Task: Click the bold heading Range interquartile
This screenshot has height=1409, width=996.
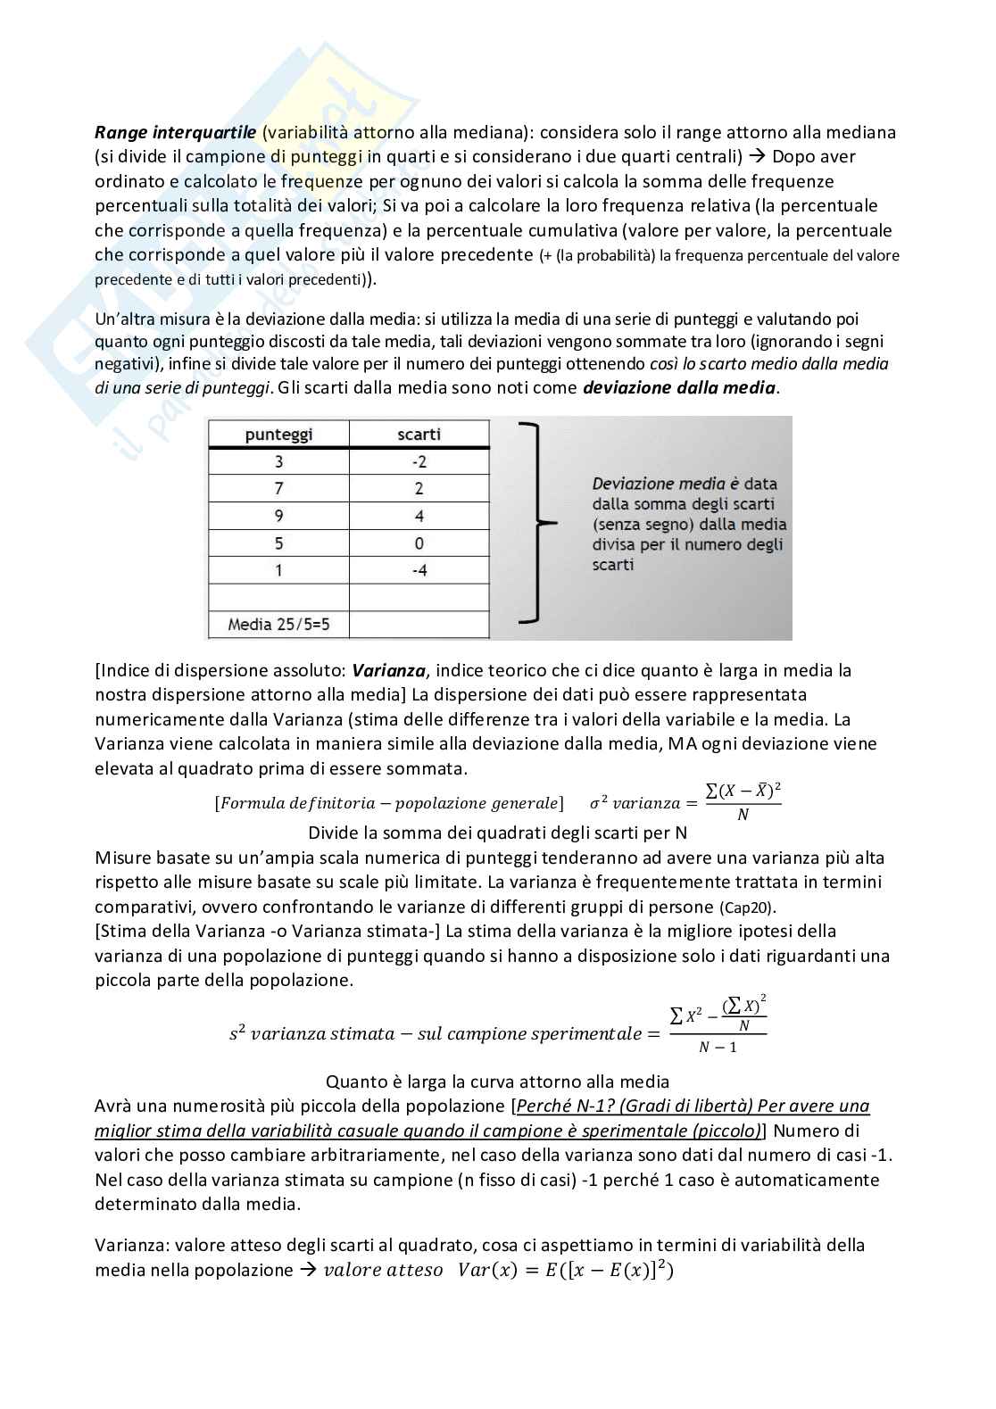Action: [176, 132]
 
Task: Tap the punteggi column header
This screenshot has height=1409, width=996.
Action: [278, 435]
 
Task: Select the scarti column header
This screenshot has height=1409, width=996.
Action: [419, 435]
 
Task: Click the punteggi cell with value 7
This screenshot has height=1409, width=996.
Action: [278, 488]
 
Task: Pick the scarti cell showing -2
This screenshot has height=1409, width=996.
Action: [419, 461]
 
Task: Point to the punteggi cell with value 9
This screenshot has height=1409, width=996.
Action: [278, 516]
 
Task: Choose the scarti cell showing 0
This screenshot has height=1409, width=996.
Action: [419, 543]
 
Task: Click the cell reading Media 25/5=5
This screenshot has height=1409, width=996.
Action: [278, 625]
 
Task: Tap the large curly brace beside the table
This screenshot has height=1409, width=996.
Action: [535, 523]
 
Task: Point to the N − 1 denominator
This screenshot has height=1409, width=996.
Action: [718, 1047]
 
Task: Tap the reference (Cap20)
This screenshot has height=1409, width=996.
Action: [748, 908]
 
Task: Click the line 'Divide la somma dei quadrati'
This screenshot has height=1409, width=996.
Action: [497, 833]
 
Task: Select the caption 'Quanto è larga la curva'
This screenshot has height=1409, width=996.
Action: [497, 1082]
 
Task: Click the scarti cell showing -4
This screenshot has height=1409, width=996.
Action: [419, 570]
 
